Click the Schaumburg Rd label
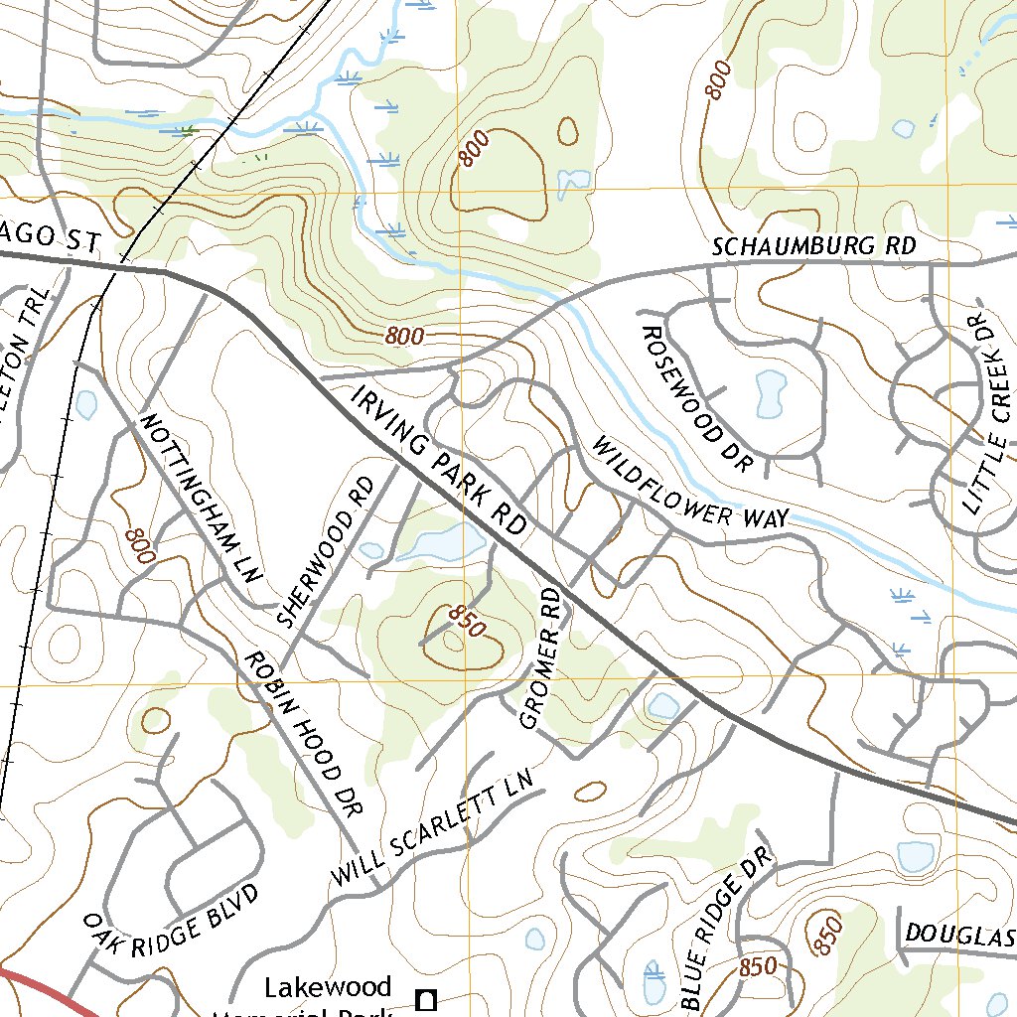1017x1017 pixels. (813, 246)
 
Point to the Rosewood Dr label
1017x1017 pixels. (698, 397)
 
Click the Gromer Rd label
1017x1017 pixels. (540, 656)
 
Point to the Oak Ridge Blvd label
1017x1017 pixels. (170, 921)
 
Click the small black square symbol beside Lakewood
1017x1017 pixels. (427, 999)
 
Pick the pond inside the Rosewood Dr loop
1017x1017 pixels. (770, 393)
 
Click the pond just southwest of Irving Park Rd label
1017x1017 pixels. (442, 543)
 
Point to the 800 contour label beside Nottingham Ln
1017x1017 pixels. (140, 545)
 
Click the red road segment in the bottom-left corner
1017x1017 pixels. (40, 989)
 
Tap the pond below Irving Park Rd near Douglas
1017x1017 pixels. (914, 856)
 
